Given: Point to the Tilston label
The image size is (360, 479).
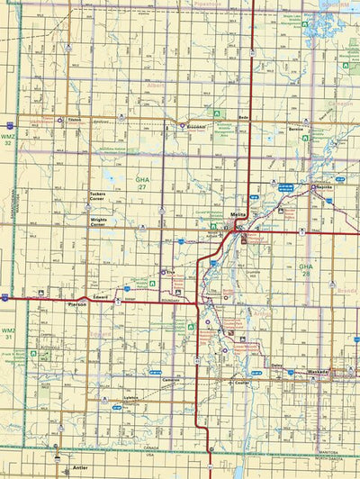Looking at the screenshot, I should [74, 118].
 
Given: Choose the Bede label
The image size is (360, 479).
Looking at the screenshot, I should [244, 118].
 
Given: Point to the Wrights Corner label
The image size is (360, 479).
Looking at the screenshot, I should [104, 221].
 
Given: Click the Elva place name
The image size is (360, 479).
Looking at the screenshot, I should [167, 270].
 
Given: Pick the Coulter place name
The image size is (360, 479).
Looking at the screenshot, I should [238, 382].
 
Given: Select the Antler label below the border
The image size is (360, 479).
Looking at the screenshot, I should [81, 468].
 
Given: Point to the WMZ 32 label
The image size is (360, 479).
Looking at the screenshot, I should [9, 139].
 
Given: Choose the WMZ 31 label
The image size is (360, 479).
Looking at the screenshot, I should [9, 334].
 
